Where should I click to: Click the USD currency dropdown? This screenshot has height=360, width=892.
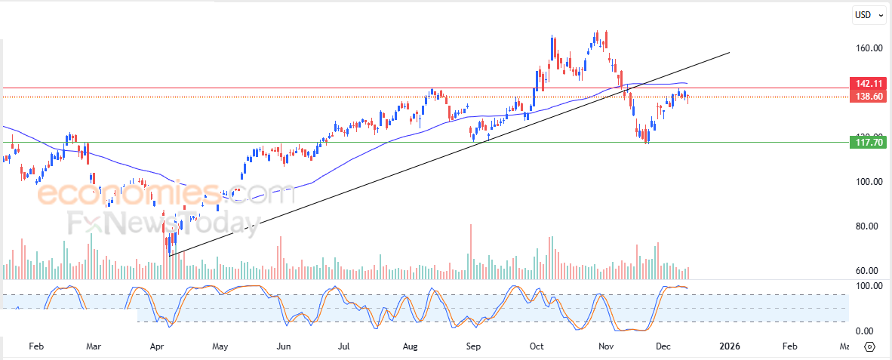point(866,14)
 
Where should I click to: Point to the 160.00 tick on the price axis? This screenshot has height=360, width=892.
point(868,48)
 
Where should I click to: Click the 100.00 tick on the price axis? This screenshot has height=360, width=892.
point(868,182)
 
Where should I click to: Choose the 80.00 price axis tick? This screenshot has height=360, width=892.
point(869,226)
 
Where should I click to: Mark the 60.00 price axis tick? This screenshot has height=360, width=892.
point(869,271)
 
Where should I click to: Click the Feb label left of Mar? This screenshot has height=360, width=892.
point(35,346)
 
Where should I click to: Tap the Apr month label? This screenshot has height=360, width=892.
point(158,346)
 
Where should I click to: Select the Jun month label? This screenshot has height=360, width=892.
point(283,346)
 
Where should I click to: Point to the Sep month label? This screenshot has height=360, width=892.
point(473,346)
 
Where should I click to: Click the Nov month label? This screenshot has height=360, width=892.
point(605,346)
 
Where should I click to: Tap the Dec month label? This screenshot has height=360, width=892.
point(664,346)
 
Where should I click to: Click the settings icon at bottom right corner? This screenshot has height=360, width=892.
point(869,347)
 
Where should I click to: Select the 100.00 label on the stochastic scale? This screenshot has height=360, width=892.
point(868,286)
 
